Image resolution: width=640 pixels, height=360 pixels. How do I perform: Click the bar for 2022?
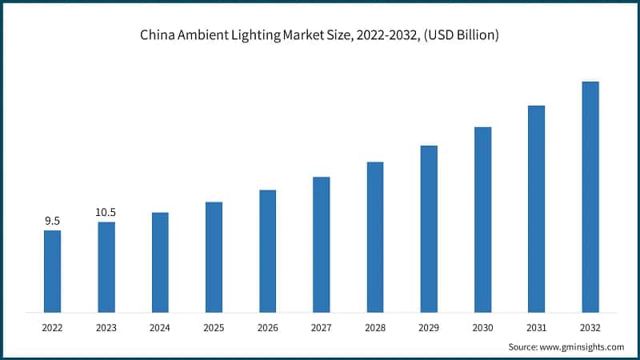pyautogui.click(x=52, y=271)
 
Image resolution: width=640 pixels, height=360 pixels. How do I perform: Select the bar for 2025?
pyautogui.click(x=214, y=257)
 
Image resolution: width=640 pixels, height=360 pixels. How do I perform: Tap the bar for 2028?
pyautogui.click(x=375, y=237)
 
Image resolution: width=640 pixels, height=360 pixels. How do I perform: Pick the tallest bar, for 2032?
pyautogui.click(x=590, y=197)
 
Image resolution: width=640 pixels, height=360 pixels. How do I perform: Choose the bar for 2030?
pyautogui.click(x=482, y=219)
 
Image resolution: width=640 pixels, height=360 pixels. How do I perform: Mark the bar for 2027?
pyautogui.click(x=321, y=244)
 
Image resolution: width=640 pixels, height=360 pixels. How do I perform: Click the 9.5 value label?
pyautogui.click(x=52, y=221)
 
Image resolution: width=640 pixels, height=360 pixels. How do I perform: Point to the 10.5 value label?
pyautogui.click(x=106, y=212)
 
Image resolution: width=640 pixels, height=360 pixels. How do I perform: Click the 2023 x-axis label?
pyautogui.click(x=106, y=327)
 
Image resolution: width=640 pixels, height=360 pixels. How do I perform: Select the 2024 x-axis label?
pyautogui.click(x=160, y=327)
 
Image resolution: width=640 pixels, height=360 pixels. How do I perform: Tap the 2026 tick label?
pyautogui.click(x=267, y=327)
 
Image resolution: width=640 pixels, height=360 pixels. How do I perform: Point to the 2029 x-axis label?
pyautogui.click(x=429, y=327)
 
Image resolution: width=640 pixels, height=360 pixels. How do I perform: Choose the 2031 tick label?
pyautogui.click(x=536, y=327)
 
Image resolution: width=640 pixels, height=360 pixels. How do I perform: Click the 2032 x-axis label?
pyautogui.click(x=590, y=327)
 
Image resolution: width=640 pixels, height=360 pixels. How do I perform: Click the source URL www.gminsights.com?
pyautogui.click(x=582, y=346)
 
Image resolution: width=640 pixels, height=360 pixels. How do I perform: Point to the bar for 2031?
pyautogui.click(x=536, y=209)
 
